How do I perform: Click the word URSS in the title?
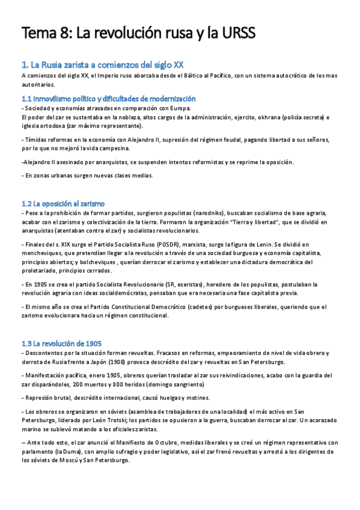pos(236,34)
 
